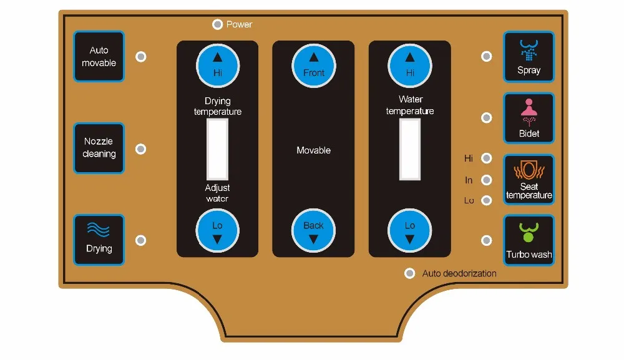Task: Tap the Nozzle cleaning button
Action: (x=99, y=148)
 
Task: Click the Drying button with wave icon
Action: (x=99, y=240)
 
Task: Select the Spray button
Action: (x=529, y=57)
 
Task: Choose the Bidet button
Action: (x=529, y=118)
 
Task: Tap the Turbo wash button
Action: (x=529, y=240)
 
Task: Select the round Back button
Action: (x=314, y=231)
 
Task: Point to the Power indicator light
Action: (x=217, y=24)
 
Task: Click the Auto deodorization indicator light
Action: (x=410, y=273)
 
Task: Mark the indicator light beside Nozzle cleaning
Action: (x=141, y=149)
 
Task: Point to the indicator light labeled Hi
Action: (x=487, y=158)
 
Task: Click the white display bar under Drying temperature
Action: (x=217, y=149)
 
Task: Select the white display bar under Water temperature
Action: (x=410, y=149)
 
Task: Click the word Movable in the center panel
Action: (x=314, y=150)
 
